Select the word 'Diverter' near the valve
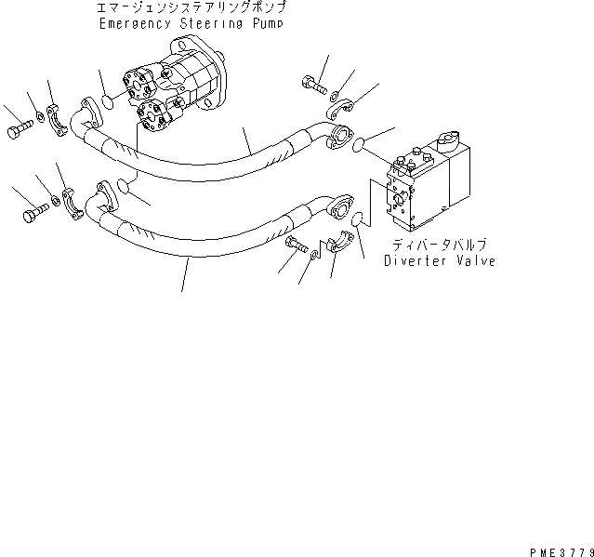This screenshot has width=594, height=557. click(416, 261)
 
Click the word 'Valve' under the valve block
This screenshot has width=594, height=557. click(475, 261)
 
